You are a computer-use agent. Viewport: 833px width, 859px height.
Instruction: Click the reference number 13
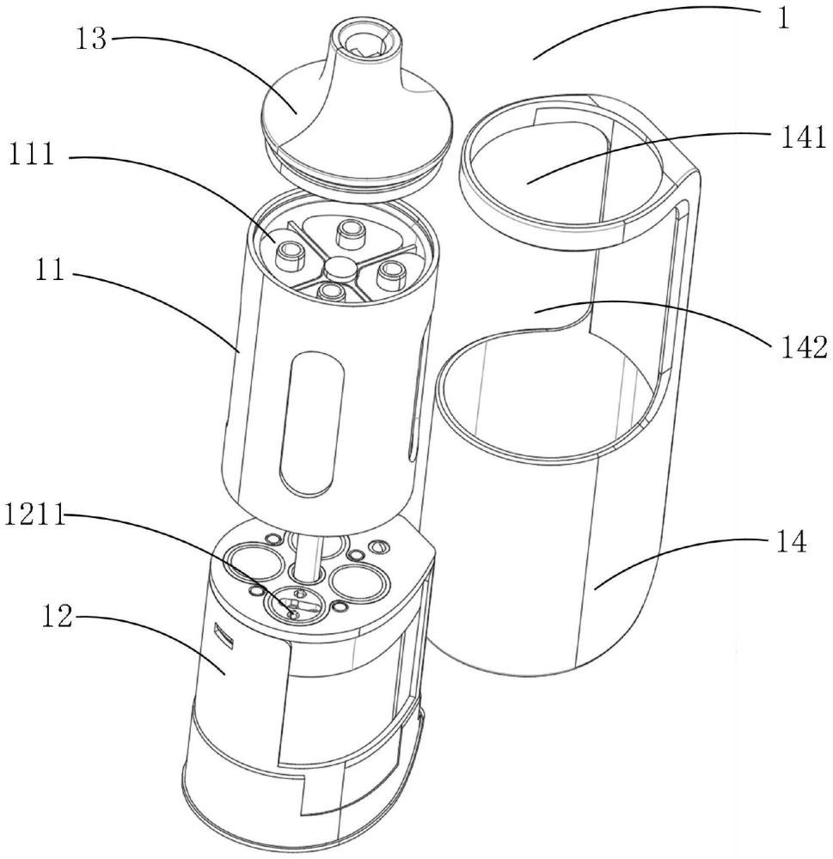coord(90,40)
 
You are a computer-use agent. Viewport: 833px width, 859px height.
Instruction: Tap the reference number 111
coord(31,154)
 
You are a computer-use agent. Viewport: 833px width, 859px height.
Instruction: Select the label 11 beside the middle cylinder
coord(51,271)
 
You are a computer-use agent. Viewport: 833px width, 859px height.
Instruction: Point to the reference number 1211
coord(34,516)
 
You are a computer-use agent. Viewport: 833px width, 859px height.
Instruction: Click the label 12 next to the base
coord(57,617)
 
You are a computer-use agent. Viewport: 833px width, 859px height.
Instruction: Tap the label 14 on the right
coord(791,541)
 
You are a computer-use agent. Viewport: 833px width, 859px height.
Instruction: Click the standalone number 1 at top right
coord(784,19)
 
